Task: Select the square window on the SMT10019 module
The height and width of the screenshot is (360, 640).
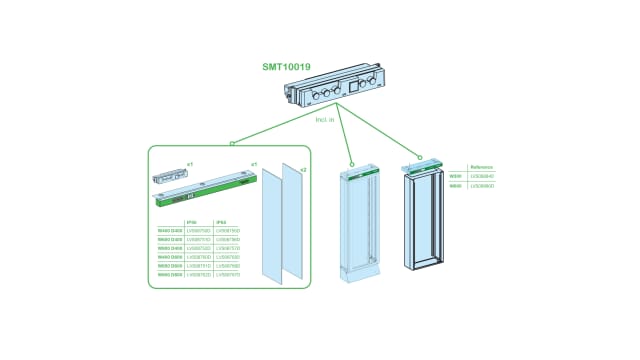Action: click(350, 87)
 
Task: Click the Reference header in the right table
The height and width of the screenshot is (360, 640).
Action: click(481, 168)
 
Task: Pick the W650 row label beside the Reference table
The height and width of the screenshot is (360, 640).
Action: click(456, 176)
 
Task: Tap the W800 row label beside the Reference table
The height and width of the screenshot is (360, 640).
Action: click(456, 185)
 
